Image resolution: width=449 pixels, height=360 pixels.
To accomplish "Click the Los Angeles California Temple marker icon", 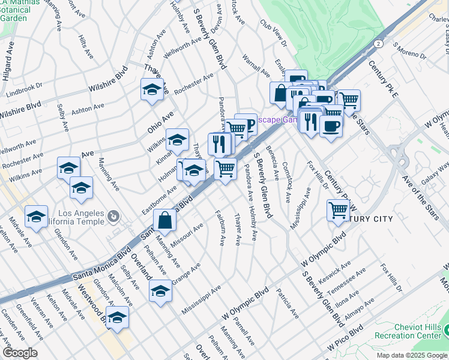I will click(113, 214).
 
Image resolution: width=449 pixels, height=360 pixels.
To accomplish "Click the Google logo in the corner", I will click(20, 353).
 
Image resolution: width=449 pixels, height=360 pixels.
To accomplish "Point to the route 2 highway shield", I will click(378, 44).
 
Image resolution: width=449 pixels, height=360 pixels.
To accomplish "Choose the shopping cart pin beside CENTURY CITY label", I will click(338, 211).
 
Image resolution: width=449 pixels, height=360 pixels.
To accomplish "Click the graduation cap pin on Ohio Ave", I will click(176, 140).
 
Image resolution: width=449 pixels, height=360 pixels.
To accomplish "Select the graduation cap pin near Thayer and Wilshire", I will click(152, 90).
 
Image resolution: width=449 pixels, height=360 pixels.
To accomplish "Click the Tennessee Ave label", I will click(352, 280).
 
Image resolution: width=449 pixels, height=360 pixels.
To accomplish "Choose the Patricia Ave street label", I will click(287, 304).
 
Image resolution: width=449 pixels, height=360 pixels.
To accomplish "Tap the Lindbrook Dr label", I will click(24, 91).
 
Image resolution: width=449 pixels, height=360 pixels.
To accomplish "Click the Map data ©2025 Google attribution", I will click(411, 355).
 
